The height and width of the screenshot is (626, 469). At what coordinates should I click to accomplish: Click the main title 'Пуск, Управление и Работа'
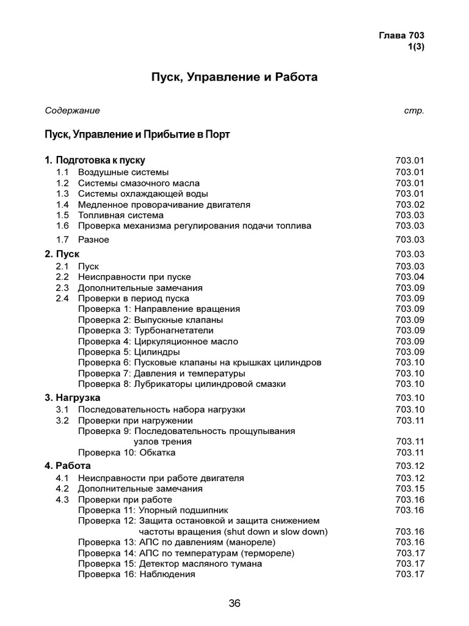[x=234, y=78]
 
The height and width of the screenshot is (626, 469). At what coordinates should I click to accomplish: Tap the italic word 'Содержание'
[x=72, y=111]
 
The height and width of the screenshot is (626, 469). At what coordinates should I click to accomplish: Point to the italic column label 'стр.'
[x=414, y=111]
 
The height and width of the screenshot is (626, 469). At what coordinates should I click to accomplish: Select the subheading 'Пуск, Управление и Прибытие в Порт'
[x=137, y=134]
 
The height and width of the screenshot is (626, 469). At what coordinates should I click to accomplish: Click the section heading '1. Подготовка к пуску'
[x=95, y=160]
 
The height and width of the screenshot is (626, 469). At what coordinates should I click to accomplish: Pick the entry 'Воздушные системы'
[x=123, y=172]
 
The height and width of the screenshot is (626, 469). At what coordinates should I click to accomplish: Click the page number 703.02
[x=409, y=205]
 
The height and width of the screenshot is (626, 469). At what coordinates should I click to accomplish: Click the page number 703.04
[x=409, y=277]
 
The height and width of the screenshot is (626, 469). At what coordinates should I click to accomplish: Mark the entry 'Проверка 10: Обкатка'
[x=126, y=452]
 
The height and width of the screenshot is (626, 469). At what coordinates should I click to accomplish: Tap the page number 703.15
[x=409, y=489]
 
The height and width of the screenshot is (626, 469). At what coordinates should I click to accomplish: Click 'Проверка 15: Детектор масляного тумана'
[x=170, y=564]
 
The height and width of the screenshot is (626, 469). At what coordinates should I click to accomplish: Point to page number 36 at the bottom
[x=234, y=603]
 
